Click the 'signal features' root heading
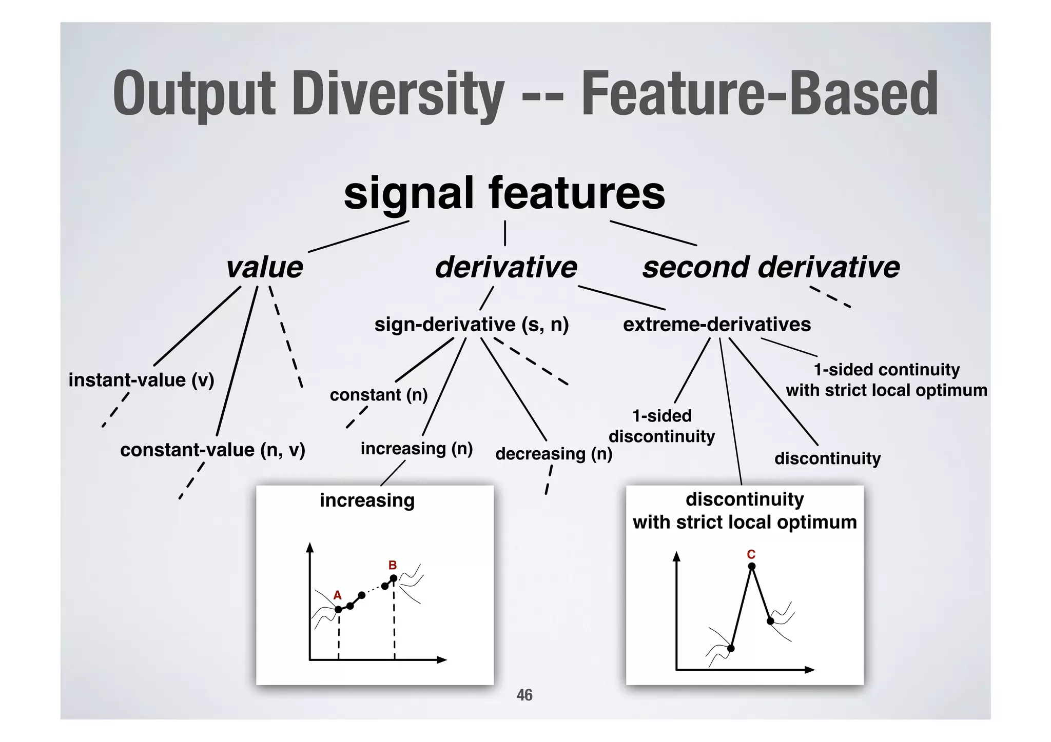coord(504,193)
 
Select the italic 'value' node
coord(265,268)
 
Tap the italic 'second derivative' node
coord(771,268)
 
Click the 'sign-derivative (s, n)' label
coord(472,325)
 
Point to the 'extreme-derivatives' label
coord(716,325)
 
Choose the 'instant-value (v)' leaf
coord(141,380)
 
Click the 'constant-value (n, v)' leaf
coord(212,450)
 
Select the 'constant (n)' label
coord(378,395)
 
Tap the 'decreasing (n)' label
coord(554,454)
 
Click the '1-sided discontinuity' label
coord(661,426)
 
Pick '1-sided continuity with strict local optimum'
coord(886,380)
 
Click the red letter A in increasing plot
coord(337,595)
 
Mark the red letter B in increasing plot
coord(393,566)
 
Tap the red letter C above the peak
coord(751,554)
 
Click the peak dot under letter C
coord(752,567)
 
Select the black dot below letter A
coord(338,609)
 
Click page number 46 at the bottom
coord(524,695)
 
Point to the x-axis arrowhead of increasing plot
coord(442,660)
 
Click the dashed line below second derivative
coord(830,297)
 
